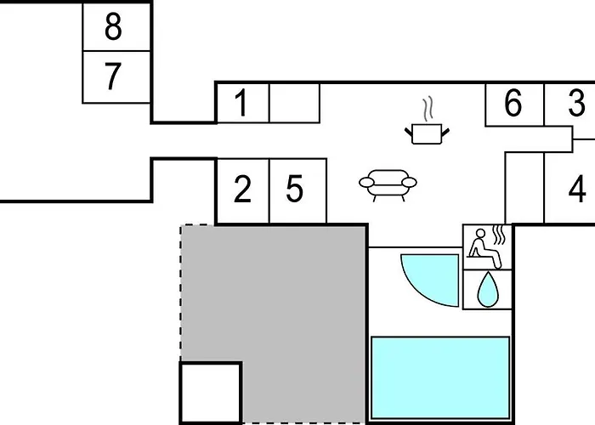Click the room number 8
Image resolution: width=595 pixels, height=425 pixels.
pyautogui.click(x=113, y=26)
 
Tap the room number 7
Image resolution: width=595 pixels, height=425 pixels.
pyautogui.click(x=113, y=76)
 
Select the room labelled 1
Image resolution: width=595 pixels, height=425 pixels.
pyautogui.click(x=241, y=103)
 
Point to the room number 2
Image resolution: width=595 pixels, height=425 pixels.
pyautogui.click(x=242, y=189)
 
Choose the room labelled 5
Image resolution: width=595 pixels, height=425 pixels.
pyautogui.click(x=294, y=189)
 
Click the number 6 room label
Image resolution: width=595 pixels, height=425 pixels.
pyautogui.click(x=513, y=103)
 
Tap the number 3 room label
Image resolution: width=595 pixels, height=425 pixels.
pyautogui.click(x=576, y=103)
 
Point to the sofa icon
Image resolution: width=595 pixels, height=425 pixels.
pyautogui.click(x=388, y=185)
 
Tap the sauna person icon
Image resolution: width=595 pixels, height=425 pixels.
pyautogui.click(x=484, y=249)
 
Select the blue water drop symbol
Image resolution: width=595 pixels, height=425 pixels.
pyautogui.click(x=488, y=289)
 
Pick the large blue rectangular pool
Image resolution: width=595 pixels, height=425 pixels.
pyautogui.click(x=440, y=377)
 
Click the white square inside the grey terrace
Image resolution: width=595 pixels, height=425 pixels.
pyautogui.click(x=211, y=393)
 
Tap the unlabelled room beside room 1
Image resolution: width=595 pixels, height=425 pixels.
pyautogui.click(x=294, y=103)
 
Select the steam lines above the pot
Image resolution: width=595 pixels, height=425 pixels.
pyautogui.click(x=428, y=110)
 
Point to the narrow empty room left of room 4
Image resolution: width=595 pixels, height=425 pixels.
pyautogui.click(x=524, y=188)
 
